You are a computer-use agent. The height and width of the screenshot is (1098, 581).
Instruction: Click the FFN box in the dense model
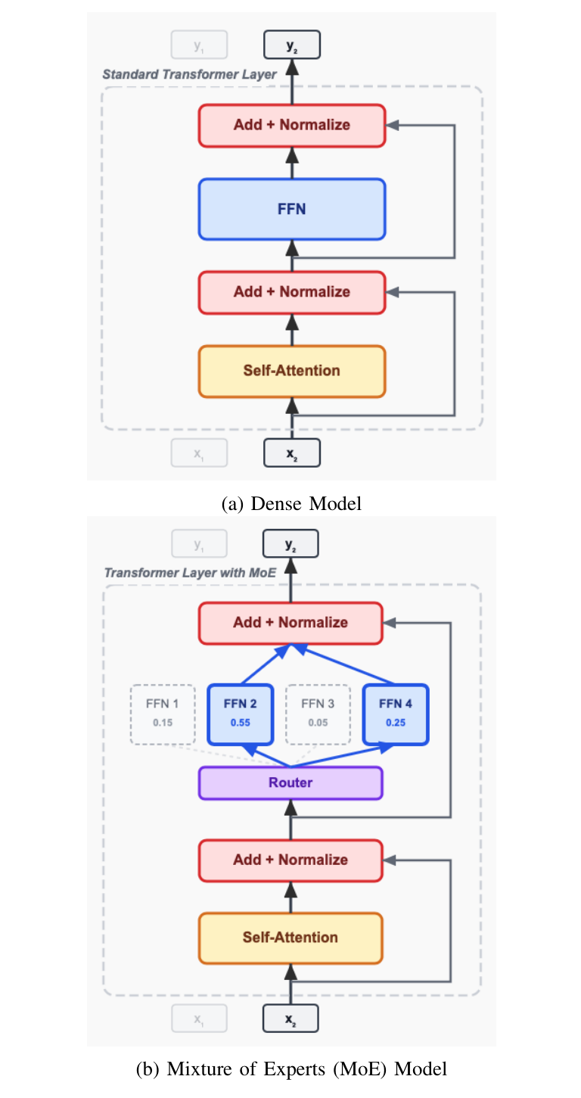[x=291, y=208]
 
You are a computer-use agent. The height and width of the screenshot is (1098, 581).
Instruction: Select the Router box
[x=290, y=782]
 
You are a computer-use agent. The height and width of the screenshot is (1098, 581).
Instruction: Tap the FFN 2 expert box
[x=240, y=714]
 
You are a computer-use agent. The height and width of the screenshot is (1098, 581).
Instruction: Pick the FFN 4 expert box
[x=396, y=714]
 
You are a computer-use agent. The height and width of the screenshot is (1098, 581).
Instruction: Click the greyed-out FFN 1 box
[x=163, y=714]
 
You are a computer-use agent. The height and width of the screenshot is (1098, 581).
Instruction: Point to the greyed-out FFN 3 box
[x=318, y=714]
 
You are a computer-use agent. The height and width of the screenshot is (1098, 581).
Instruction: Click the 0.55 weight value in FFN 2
[x=240, y=723]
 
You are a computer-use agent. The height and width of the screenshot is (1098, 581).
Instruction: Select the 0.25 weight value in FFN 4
[x=396, y=723]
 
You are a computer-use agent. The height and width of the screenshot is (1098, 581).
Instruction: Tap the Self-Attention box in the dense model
[x=291, y=371]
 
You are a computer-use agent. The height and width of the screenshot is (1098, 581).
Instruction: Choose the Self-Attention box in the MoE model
[x=290, y=938]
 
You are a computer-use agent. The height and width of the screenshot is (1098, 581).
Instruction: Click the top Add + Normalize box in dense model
[x=291, y=125]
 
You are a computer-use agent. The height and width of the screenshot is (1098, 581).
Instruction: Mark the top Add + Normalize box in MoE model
[x=290, y=623]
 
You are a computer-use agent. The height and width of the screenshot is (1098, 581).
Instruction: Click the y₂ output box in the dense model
[x=291, y=45]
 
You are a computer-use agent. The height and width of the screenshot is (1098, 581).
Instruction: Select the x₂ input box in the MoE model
[x=290, y=1019]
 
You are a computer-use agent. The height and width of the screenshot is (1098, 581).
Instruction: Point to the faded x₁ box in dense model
[x=198, y=453]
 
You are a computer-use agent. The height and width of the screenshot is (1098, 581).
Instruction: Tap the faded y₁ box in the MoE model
[x=199, y=543]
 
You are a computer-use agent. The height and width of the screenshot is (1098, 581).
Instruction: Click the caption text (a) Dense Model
[x=291, y=503]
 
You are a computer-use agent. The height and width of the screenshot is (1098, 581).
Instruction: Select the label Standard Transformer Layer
[x=189, y=74]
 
